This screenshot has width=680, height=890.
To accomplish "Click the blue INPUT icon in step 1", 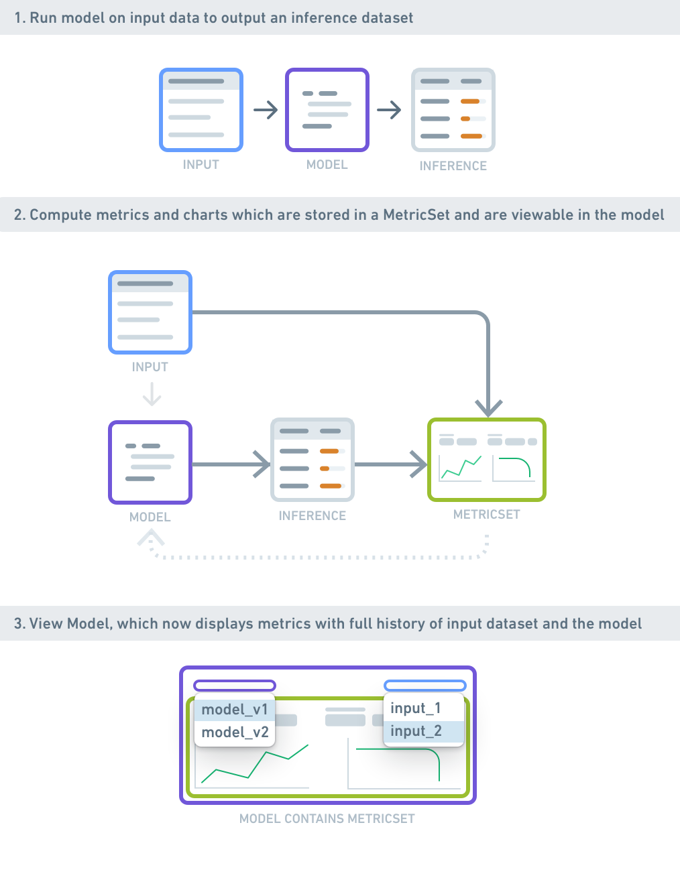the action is [201, 110].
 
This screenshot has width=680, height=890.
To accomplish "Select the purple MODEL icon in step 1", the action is [327, 110].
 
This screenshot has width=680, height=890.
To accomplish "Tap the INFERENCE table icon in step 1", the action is [453, 110].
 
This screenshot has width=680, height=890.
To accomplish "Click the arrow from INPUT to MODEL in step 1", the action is [266, 110].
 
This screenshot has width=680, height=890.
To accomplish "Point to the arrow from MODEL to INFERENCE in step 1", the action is [389, 110].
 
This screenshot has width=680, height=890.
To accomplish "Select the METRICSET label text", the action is [486, 515].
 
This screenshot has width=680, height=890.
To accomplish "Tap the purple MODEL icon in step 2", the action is [150, 462].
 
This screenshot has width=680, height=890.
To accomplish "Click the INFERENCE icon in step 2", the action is [313, 460].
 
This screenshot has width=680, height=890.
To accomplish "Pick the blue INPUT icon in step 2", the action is [150, 312].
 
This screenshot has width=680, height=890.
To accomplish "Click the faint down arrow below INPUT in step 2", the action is [152, 393].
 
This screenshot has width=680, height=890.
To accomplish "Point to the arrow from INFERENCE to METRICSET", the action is [391, 464].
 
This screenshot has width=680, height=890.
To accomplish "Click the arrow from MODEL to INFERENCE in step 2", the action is [231, 464].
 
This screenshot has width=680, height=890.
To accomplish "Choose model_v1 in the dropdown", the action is [235, 710].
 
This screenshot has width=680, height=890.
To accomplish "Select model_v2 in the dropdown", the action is [235, 733].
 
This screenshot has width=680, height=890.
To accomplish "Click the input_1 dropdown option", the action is [416, 708].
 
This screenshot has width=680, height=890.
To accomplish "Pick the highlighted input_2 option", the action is [416, 731].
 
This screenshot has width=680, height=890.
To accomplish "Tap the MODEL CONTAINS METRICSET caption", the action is [327, 819].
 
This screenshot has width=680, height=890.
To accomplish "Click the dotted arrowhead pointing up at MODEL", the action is [150, 537].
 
